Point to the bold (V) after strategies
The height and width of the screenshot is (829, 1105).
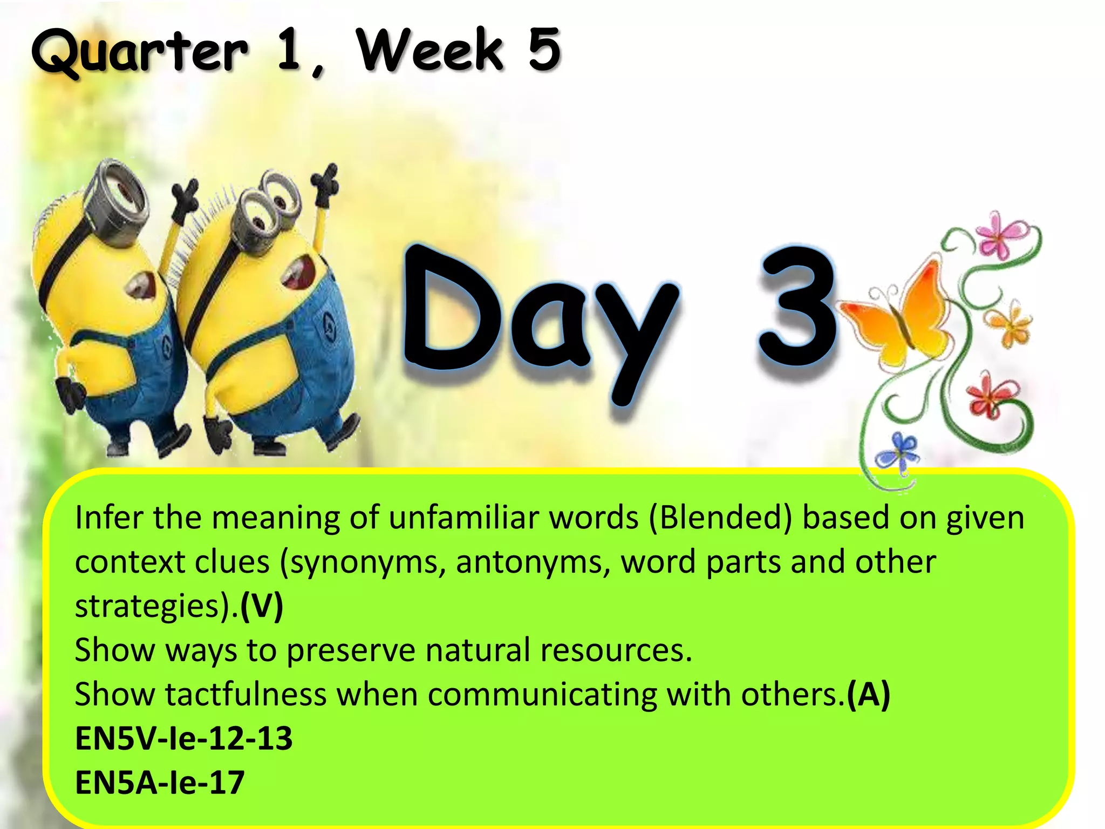(262, 606)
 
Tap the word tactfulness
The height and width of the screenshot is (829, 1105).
(246, 694)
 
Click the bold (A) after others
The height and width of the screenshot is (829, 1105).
(868, 694)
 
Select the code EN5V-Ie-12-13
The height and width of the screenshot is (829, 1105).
(183, 738)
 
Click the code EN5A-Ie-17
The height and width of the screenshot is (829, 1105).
(160, 783)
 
